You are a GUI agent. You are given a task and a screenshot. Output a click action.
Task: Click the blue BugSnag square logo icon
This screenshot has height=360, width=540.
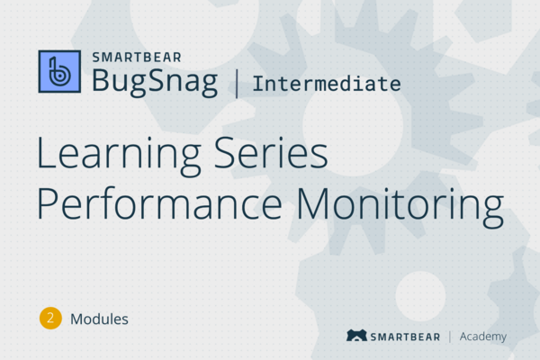click(x=59, y=71)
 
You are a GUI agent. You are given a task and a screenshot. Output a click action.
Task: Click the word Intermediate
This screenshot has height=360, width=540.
click(x=327, y=85)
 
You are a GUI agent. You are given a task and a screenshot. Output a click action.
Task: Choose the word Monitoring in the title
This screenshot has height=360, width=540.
click(x=405, y=206)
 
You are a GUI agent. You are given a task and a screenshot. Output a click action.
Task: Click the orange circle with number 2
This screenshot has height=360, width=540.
click(x=50, y=318)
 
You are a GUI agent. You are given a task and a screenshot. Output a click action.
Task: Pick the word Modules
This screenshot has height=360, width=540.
click(x=99, y=318)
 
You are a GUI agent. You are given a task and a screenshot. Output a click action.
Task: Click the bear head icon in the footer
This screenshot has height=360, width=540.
click(x=355, y=337)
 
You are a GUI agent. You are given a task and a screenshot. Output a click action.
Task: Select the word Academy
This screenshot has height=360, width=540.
click(x=483, y=337)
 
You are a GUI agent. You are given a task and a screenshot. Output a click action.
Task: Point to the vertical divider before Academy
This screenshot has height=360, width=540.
click(x=450, y=337)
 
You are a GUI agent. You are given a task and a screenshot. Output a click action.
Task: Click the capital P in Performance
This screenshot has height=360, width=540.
click(x=48, y=204)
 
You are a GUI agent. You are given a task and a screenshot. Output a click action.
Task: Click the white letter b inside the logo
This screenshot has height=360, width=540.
click(x=59, y=72)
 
